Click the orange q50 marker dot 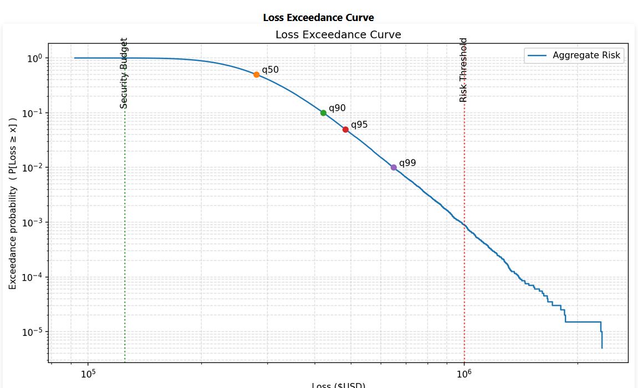click(x=256, y=75)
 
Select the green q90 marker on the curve click(x=323, y=113)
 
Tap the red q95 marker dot click(x=345, y=130)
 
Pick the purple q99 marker click(x=394, y=167)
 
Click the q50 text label click(x=270, y=70)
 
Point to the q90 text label click(x=337, y=108)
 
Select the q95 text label click(x=359, y=125)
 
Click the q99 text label click(x=407, y=163)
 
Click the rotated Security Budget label click(x=124, y=73)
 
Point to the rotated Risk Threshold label click(x=463, y=70)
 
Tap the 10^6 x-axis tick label click(x=464, y=374)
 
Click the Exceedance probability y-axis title click(x=13, y=204)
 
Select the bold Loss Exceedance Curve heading click(x=318, y=18)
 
